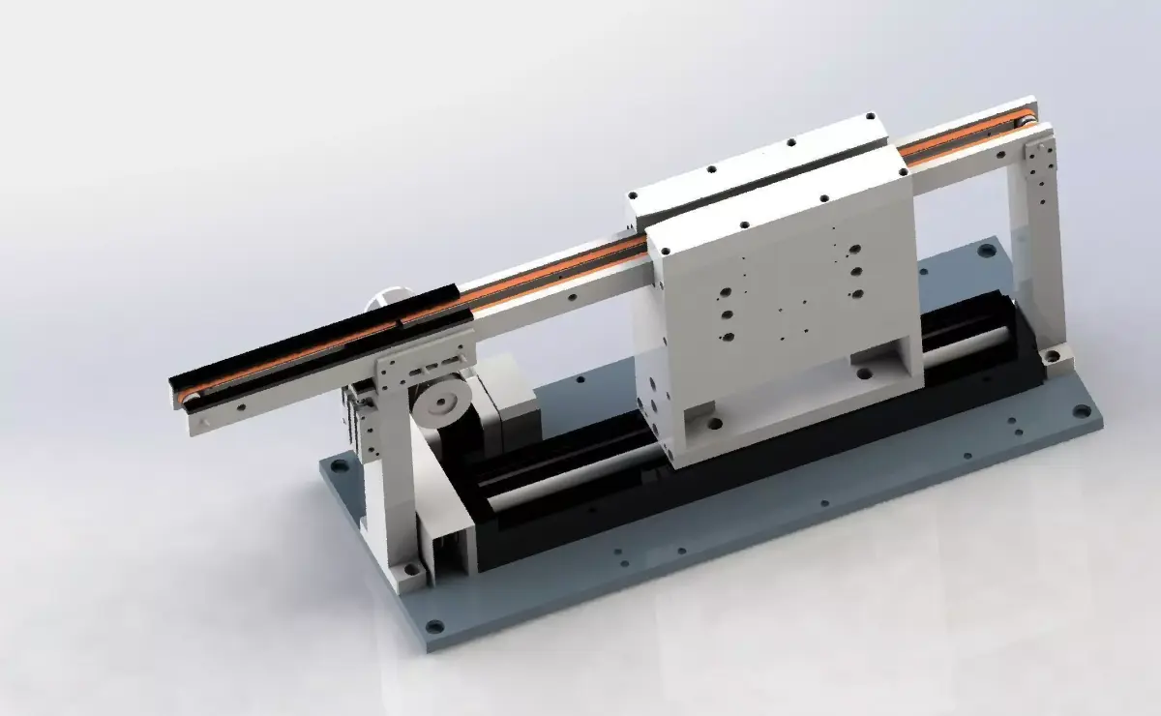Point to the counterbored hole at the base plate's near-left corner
pyautogui.click(x=434, y=626)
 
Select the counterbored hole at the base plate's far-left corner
pyautogui.click(x=339, y=465)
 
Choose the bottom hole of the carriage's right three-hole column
pyautogui.click(x=855, y=293)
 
